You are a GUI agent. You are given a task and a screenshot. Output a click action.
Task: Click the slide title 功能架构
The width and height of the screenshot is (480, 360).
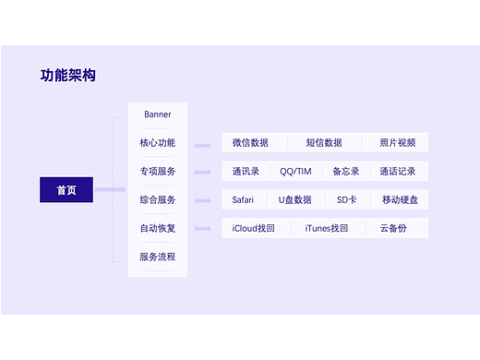click(x=68, y=76)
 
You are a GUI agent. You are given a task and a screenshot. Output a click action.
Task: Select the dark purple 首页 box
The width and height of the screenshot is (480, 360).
click(x=66, y=190)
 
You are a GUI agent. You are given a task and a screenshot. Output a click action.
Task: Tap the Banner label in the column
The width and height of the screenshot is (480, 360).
click(x=158, y=114)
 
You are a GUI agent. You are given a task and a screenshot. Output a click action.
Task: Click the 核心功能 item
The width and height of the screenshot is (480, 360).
click(x=158, y=143)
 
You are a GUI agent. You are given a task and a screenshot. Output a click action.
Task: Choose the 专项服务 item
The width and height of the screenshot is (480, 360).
click(x=158, y=172)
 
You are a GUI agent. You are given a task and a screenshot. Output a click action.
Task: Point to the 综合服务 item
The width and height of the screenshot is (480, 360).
click(x=158, y=199)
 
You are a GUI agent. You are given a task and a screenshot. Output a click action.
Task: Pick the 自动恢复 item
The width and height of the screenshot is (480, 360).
click(x=158, y=228)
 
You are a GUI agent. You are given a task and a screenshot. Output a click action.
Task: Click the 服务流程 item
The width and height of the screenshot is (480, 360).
click(x=158, y=257)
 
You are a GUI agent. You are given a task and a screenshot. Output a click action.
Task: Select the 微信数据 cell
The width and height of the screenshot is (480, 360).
click(x=250, y=143)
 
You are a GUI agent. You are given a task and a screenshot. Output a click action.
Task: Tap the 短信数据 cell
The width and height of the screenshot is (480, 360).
click(x=324, y=143)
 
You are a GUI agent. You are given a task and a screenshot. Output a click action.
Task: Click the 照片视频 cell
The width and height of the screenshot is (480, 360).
click(x=398, y=143)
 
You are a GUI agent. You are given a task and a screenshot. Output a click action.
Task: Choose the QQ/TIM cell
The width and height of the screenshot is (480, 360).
click(x=296, y=172)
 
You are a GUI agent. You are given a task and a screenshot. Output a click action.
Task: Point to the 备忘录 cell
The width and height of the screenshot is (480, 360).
click(x=345, y=172)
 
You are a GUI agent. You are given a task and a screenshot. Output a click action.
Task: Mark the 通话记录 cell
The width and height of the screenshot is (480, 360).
click(x=398, y=172)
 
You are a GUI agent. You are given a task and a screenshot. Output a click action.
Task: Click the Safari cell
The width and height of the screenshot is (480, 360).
click(x=244, y=199)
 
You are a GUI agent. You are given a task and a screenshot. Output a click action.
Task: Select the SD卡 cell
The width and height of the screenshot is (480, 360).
click(x=346, y=199)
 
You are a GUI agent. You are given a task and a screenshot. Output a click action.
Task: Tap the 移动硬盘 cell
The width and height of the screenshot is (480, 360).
click(x=400, y=199)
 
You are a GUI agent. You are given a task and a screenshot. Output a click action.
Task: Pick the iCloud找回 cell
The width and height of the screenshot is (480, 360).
click(x=254, y=228)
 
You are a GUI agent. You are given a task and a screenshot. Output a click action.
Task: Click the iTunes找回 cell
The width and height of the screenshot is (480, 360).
click(x=327, y=228)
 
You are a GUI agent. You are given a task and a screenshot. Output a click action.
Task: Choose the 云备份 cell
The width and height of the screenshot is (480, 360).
click(x=392, y=228)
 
